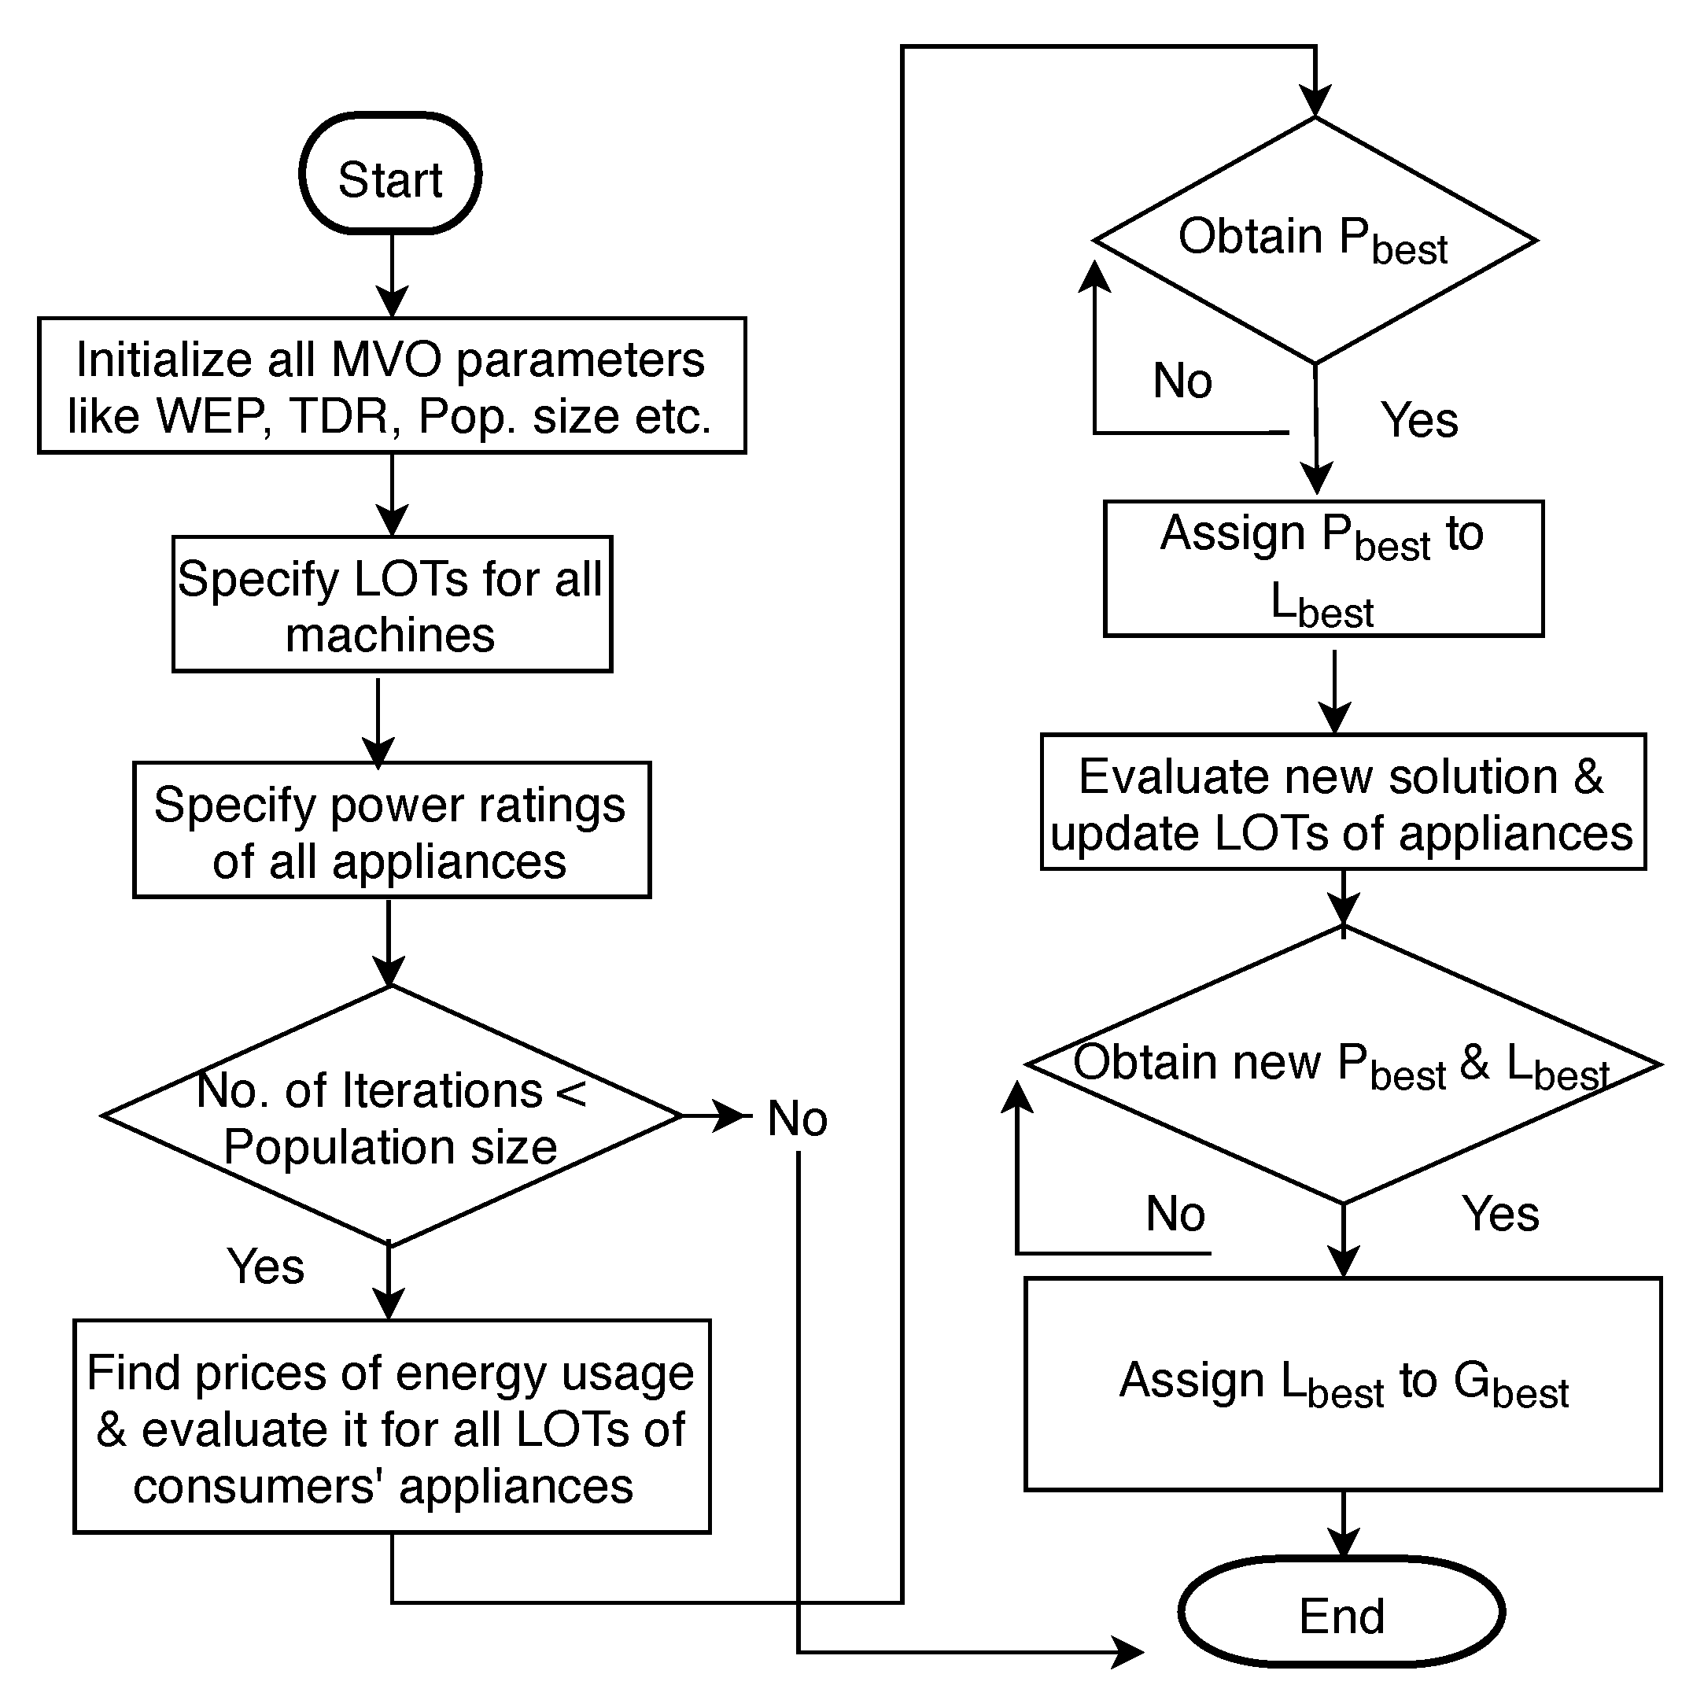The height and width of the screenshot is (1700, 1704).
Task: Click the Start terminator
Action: [391, 174]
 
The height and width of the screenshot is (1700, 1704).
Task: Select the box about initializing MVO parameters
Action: [392, 385]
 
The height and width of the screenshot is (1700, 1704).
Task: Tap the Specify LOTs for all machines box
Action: [392, 605]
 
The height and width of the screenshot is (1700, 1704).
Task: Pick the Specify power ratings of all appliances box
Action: [392, 831]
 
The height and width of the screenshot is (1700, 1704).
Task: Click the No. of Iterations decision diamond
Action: [392, 1116]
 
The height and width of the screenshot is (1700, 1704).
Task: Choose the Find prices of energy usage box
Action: [392, 1428]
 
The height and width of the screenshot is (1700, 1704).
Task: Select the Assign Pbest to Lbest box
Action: [1323, 569]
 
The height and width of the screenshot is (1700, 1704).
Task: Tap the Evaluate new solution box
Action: [1342, 802]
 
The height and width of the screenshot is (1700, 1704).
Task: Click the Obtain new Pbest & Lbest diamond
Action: [1342, 1065]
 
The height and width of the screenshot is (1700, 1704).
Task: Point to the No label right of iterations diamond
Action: [797, 1118]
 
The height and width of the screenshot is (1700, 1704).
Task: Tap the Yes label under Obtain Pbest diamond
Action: [1418, 420]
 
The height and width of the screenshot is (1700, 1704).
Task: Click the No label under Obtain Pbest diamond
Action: [1182, 381]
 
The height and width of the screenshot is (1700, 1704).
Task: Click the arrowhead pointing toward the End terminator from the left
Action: [1129, 1651]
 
